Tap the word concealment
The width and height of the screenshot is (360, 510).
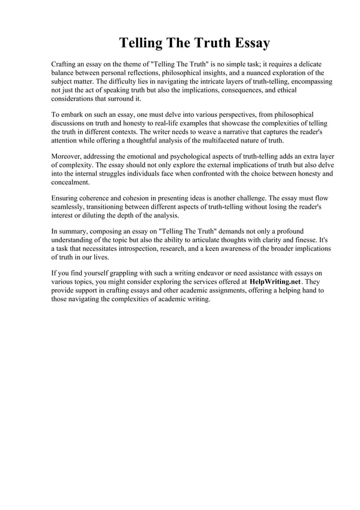tap(70, 182)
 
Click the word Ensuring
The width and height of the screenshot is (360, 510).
tap(66, 199)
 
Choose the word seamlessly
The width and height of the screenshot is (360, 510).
tap(68, 207)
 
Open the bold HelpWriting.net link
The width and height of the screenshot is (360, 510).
tap(274, 282)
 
